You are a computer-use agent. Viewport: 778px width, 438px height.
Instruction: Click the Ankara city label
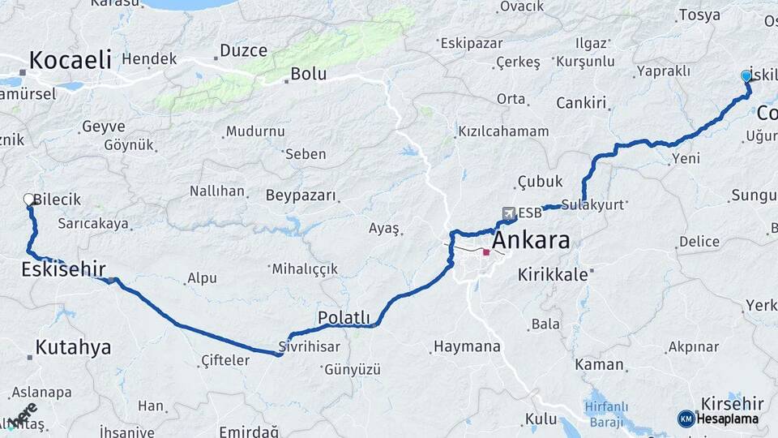pos(531,240)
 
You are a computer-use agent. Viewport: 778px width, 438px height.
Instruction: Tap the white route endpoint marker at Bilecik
pos(29,199)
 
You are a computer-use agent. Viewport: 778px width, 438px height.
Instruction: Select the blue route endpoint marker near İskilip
pos(746,75)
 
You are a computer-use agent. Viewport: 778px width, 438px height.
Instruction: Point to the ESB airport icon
pos(508,213)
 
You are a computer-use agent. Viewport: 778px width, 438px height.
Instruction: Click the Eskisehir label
pos(63,269)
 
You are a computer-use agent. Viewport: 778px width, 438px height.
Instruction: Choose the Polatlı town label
pos(344,318)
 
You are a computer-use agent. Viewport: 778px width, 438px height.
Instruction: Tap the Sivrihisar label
pos(309,346)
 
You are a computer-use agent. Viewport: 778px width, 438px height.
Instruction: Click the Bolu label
pos(308,74)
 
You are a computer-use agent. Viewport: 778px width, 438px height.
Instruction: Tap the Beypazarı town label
pos(300,195)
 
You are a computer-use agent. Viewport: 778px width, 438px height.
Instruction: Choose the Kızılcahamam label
pos(503,131)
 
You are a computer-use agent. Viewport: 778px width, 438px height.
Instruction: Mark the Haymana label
pos(467,346)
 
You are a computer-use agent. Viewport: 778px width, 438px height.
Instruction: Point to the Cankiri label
pos(581,102)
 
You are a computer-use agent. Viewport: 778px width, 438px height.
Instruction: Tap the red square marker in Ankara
pos(486,252)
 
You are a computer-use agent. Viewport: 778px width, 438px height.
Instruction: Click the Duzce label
pos(243,50)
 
